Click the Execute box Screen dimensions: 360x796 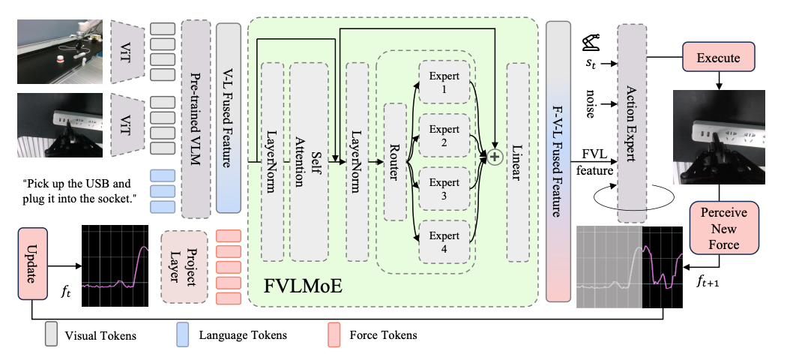(x=718, y=57)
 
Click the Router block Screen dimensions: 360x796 (x=395, y=161)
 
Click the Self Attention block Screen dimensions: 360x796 (x=309, y=161)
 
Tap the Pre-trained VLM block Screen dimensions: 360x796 (x=196, y=118)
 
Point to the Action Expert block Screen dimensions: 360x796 (x=631, y=122)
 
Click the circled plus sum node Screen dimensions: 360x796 (x=494, y=157)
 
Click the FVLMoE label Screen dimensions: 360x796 (x=303, y=286)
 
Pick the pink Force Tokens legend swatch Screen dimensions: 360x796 (x=334, y=335)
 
